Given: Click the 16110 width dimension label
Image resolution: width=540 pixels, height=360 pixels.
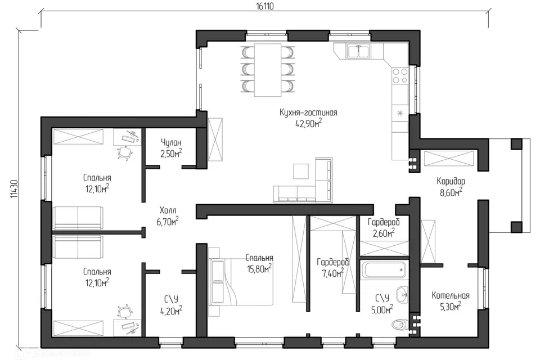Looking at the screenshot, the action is [265, 7].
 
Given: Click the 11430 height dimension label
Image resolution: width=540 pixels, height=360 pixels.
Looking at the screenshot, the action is [14, 189].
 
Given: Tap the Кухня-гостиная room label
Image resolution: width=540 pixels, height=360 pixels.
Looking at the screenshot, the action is [308, 112].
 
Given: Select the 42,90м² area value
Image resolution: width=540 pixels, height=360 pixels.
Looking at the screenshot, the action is [308, 123].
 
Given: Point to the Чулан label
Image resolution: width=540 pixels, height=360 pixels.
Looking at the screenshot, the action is [171, 143].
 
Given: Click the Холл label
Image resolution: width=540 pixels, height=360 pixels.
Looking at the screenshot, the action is [168, 210].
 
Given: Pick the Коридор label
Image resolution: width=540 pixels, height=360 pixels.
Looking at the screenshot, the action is [451, 181].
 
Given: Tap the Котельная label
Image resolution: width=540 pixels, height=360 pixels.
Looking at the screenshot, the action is [451, 295].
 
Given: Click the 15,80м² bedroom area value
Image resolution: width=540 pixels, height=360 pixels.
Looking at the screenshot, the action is [259, 269].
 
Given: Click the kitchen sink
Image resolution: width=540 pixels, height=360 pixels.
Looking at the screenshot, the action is [358, 51].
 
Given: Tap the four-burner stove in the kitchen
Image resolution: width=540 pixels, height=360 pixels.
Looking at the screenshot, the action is [400, 75].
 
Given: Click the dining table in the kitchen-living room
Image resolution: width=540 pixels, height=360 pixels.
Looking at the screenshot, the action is [268, 70].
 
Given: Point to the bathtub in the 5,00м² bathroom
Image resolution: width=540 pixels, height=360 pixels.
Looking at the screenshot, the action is [384, 270].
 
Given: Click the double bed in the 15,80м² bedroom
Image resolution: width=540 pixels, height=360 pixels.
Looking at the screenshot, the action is [241, 281].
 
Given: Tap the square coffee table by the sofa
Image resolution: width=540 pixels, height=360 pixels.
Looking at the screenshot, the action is [301, 171].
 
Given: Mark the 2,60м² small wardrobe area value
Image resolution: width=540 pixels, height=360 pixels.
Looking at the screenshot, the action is [383, 234].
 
